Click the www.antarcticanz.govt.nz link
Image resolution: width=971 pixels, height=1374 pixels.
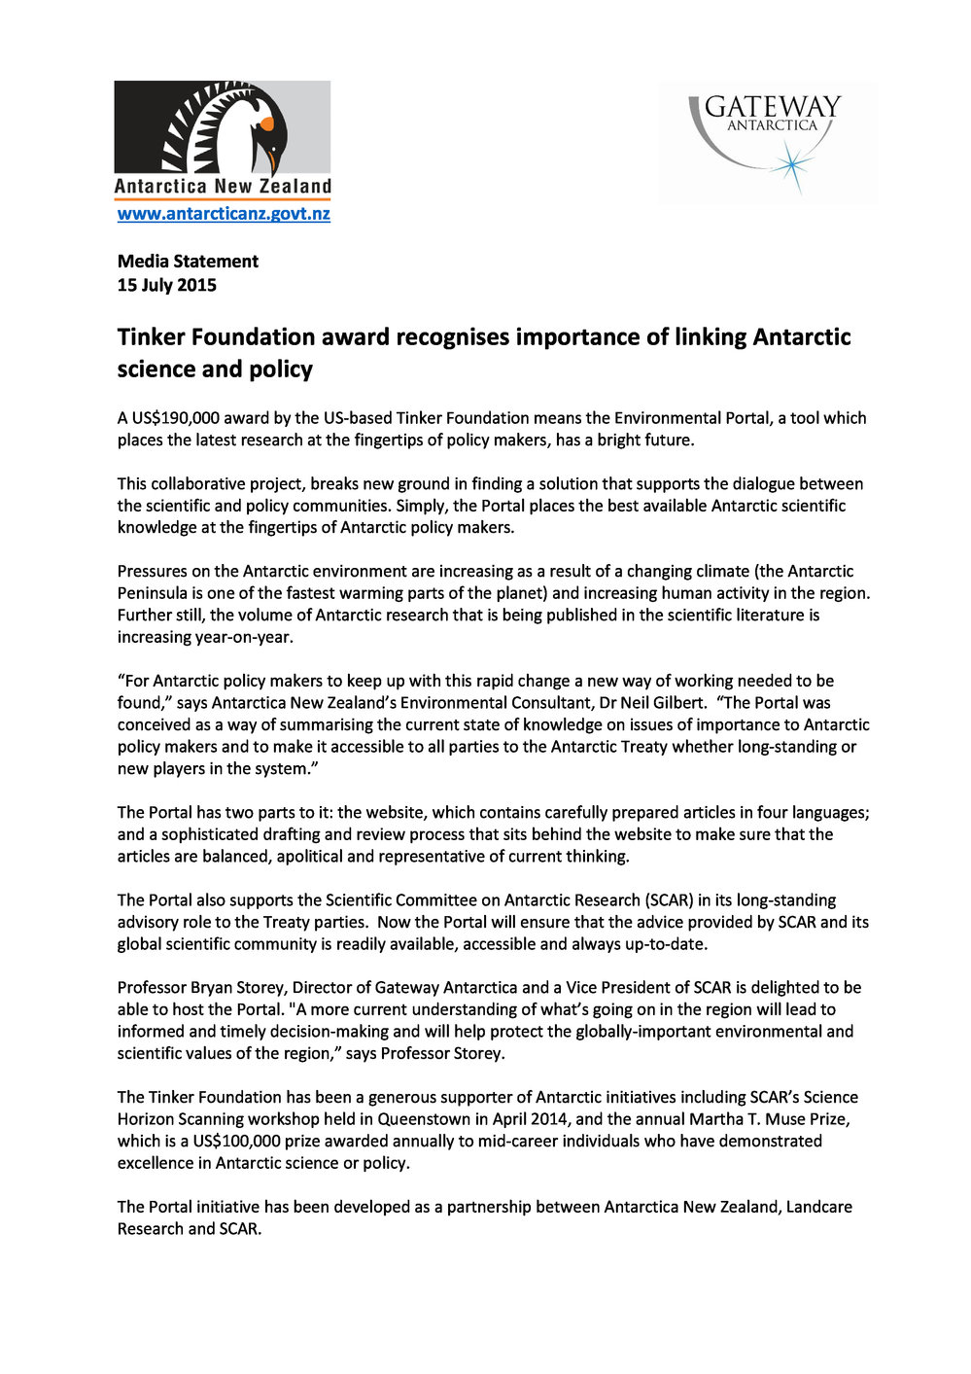pyautogui.click(x=224, y=214)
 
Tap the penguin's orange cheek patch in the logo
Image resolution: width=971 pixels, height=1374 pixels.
pyautogui.click(x=266, y=123)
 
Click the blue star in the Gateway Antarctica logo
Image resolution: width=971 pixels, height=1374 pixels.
pyautogui.click(x=793, y=165)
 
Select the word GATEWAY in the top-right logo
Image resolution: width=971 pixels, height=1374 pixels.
pyautogui.click(x=772, y=107)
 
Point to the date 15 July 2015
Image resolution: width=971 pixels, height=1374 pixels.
pyautogui.click(x=167, y=286)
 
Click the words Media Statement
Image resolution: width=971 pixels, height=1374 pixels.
pyautogui.click(x=188, y=262)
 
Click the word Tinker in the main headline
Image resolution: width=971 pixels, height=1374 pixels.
pyautogui.click(x=152, y=337)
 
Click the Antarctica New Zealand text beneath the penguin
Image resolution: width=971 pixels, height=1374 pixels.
pyautogui.click(x=223, y=187)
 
